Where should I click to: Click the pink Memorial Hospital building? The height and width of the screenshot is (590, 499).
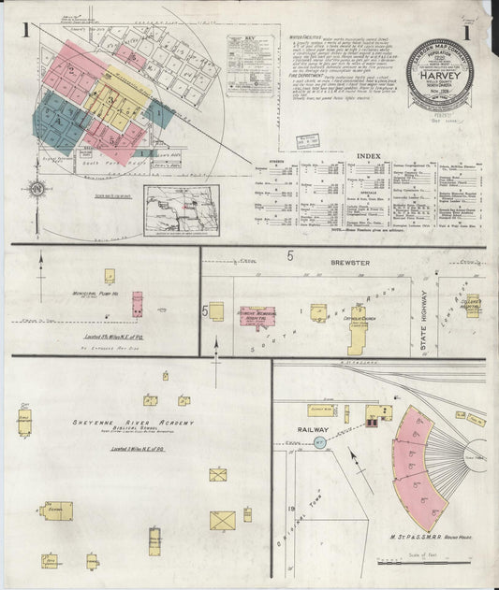260,318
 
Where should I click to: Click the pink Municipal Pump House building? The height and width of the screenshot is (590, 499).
137,304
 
